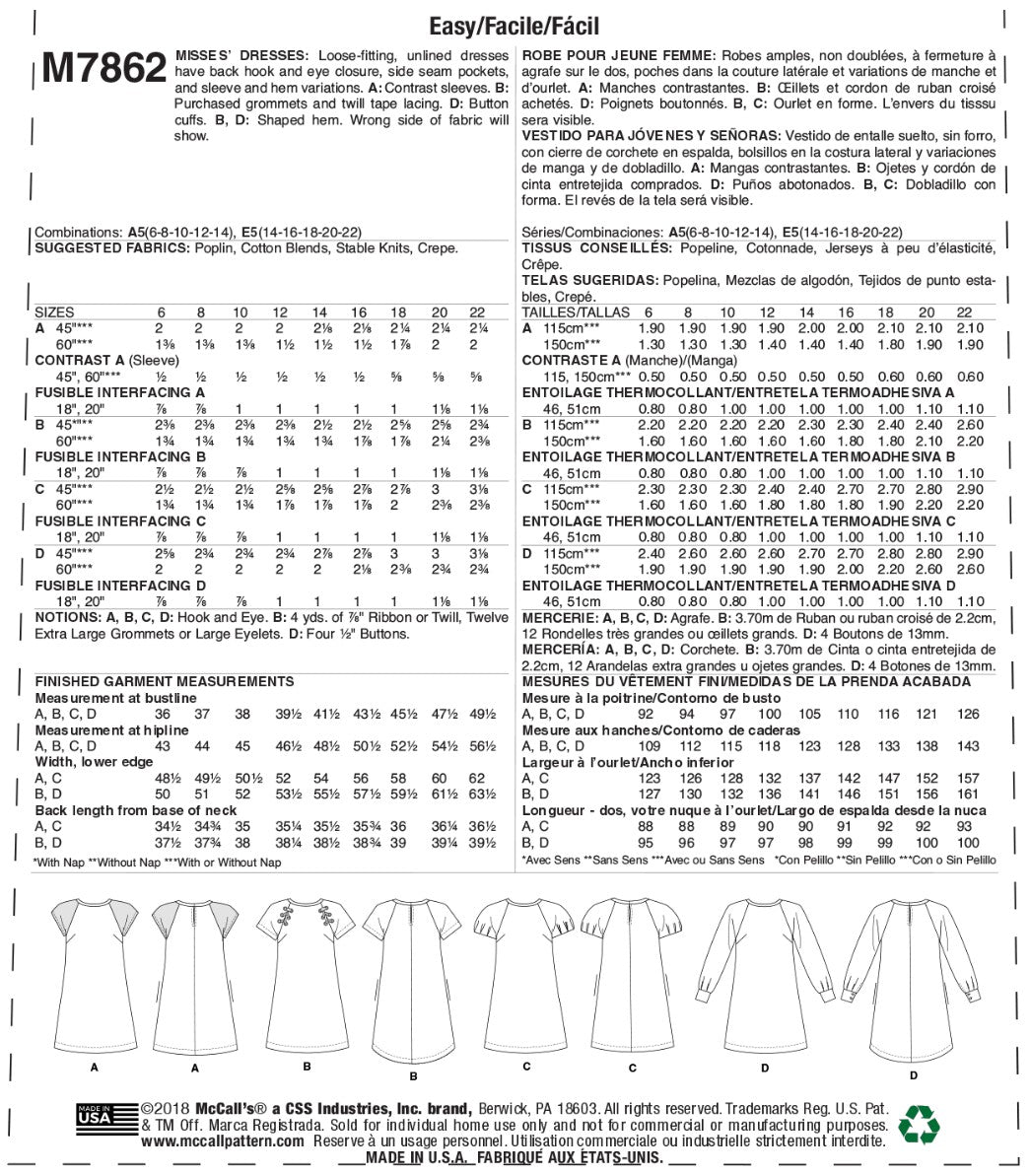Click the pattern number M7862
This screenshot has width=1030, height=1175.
coord(103,70)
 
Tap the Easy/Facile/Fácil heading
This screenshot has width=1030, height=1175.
coord(515,26)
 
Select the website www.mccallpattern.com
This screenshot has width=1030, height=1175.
coord(222,1140)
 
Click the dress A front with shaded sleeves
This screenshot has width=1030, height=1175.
coord(94,971)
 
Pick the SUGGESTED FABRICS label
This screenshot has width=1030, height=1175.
coord(110,248)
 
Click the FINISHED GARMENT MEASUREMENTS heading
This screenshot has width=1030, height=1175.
coord(164,681)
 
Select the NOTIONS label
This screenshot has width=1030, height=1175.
coord(68,617)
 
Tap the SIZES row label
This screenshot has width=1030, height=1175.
coord(54,311)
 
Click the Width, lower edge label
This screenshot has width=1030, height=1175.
coord(91,762)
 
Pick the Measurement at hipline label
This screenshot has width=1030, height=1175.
coord(110,730)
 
